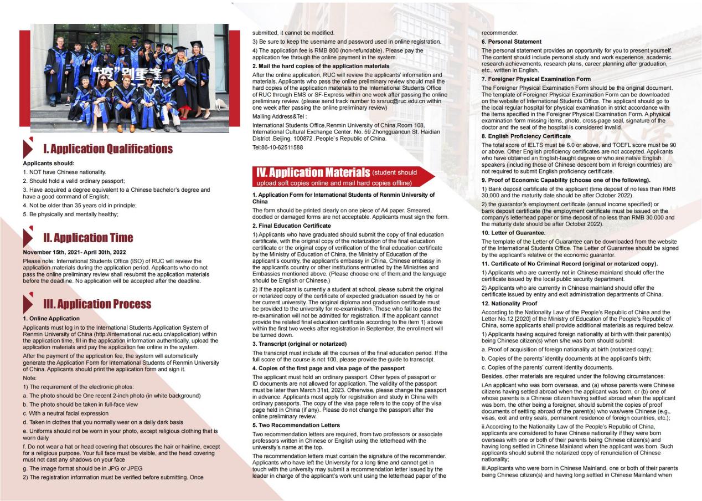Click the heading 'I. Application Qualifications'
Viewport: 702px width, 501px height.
pos(108,149)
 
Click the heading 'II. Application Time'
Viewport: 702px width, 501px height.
pos(88,238)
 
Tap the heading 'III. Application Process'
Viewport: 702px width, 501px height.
pos(97,304)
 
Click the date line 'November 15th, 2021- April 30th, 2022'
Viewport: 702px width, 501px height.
pos(74,252)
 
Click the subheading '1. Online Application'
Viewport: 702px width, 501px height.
pos(51,319)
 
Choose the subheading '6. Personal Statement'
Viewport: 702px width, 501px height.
pos(511,42)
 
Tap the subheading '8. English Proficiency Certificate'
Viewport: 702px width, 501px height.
pos(525,136)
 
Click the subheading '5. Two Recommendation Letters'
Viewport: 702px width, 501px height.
pos(296,425)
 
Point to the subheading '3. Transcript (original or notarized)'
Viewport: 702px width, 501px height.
pos(299,344)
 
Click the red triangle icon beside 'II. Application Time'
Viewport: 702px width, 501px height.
pos(29,237)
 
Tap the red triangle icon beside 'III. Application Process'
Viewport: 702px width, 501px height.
pos(29,303)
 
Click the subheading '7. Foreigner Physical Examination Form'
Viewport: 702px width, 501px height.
pos(536,79)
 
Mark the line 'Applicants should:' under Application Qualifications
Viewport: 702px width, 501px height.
pos(48,163)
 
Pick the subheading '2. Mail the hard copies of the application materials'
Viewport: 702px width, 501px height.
pos(321,66)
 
